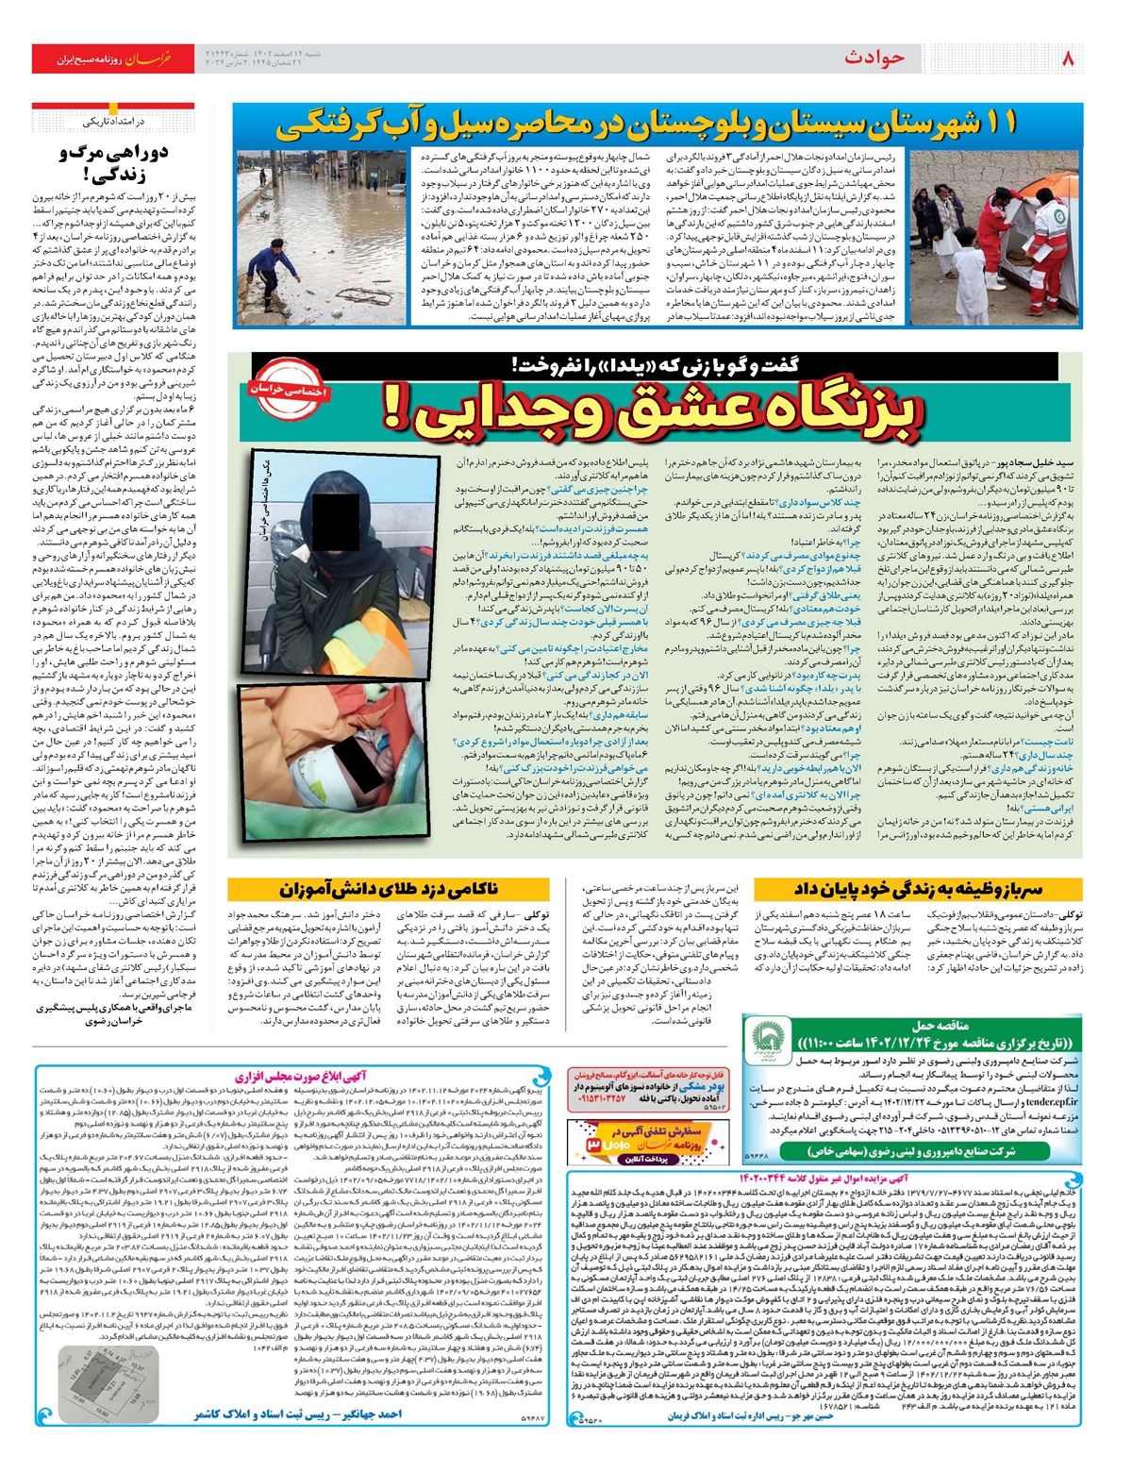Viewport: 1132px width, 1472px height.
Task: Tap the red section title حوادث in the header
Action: pos(874,59)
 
